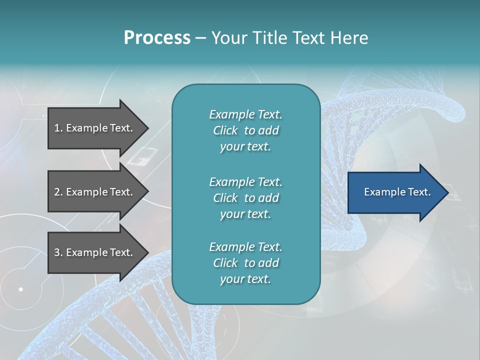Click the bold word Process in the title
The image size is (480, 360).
pos(157,38)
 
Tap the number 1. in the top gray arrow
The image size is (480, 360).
pos(58,128)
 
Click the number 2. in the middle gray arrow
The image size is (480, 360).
pos(58,192)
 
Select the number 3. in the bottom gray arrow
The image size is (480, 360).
pos(58,252)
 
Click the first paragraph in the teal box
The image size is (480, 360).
pos(245,130)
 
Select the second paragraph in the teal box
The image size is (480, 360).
pos(245,198)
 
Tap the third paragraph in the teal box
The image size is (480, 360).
pos(245,263)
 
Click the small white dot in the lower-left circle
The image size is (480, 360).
pos(21,289)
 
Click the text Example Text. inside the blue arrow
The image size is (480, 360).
pos(397,192)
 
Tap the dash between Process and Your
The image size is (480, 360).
pos(201,38)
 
